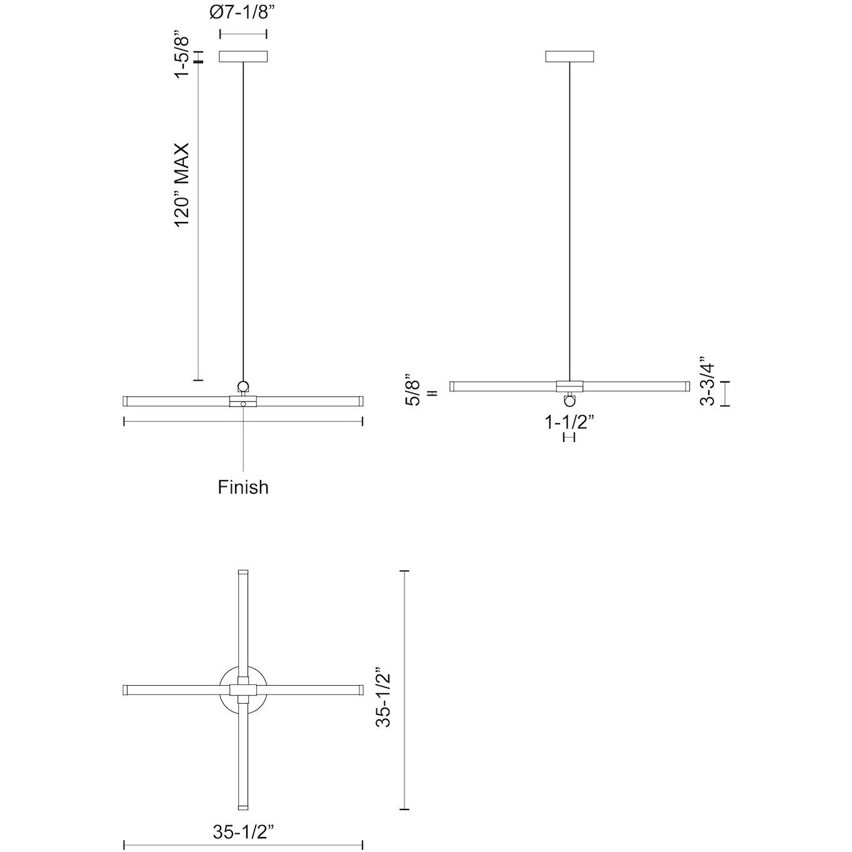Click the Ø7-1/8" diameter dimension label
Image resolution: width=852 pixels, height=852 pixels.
point(243,13)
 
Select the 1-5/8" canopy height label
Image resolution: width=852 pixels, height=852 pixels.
point(183,57)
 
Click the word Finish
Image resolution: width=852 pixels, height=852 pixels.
point(243,487)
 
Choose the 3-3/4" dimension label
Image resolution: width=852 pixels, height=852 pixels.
point(707,381)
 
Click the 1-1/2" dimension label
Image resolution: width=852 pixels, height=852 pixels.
point(569,423)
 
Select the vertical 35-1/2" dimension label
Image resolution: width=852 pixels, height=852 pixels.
point(384,690)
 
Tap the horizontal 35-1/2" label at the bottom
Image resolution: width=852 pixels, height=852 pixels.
point(244,832)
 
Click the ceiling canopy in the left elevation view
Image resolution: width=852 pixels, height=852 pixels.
point(243,56)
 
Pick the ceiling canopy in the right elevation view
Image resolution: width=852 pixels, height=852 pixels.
point(569,56)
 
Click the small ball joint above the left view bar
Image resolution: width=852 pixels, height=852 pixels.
point(243,386)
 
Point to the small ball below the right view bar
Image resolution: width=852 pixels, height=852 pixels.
point(569,400)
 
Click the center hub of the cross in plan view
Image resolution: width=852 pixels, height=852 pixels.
point(243,690)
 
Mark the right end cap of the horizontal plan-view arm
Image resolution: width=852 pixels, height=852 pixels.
point(361,690)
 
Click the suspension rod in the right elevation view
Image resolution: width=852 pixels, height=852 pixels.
point(569,219)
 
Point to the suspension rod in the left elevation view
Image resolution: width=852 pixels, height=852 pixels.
point(243,219)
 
